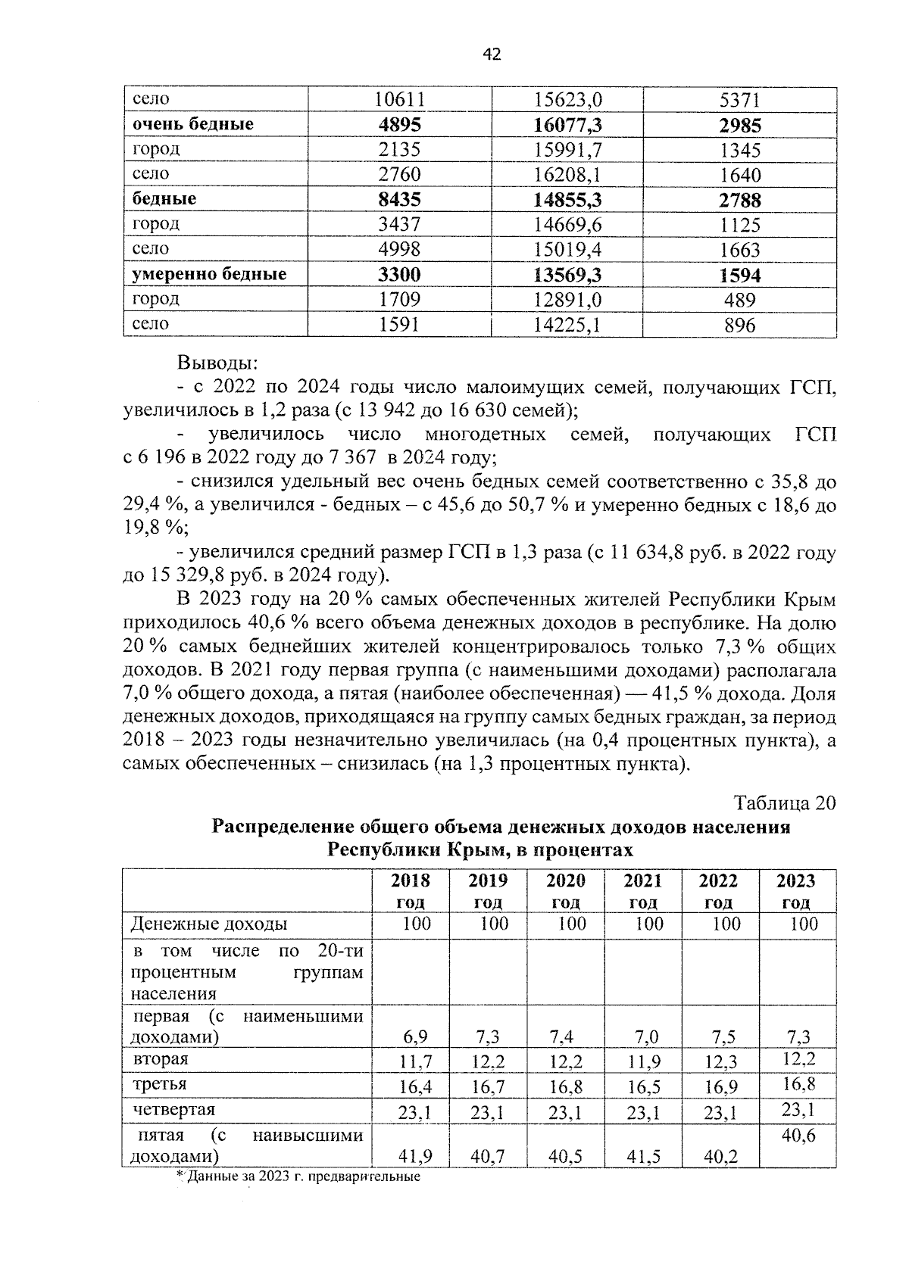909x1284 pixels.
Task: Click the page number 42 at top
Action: [492, 55]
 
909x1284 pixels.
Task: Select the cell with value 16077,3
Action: [567, 125]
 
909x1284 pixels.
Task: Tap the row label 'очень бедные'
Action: [193, 124]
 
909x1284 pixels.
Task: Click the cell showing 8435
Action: [399, 200]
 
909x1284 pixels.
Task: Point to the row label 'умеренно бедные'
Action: [209, 274]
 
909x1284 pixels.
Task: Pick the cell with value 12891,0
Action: [567, 300]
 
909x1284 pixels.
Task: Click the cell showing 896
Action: [739, 326]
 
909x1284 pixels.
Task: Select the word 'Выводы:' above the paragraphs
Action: [218, 363]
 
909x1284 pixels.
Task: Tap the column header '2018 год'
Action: [411, 891]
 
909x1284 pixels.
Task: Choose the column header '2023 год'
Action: [796, 891]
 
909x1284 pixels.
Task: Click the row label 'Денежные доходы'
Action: [209, 924]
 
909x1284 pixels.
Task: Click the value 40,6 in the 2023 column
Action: [798, 1136]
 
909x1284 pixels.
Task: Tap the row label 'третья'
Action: [160, 1084]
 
